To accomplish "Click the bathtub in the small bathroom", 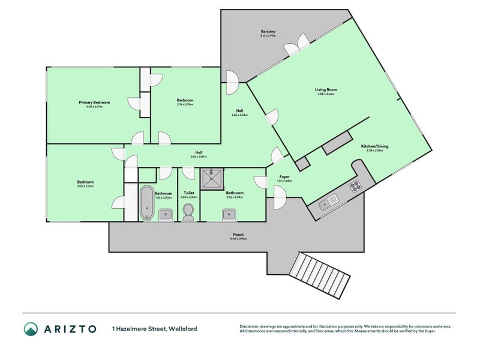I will [146, 202].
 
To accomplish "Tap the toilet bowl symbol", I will [188, 211].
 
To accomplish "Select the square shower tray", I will [211, 178].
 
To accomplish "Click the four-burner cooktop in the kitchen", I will [355, 185].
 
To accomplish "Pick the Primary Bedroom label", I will [94, 103].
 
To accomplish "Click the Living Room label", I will [324, 90].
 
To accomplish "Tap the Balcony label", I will [268, 31].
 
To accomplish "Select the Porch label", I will [238, 234].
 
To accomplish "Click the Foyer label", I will [284, 177].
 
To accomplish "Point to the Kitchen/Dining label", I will [375, 146].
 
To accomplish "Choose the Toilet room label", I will [188, 193].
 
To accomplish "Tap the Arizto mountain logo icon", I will [31, 329].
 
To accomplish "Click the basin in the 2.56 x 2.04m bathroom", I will [229, 213].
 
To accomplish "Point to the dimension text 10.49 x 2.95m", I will [238, 239].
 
